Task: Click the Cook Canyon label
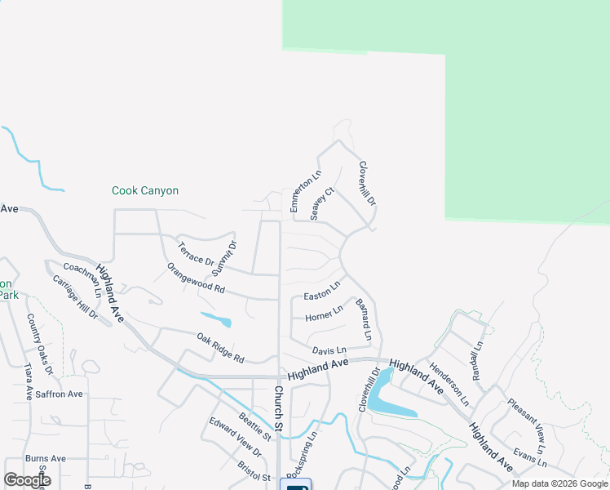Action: (145, 191)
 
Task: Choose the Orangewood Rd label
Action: (196, 278)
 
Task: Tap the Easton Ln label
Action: (321, 292)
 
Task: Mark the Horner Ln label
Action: (324, 314)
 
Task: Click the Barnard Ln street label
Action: (364, 319)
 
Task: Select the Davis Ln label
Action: (329, 350)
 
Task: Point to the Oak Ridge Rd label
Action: (220, 347)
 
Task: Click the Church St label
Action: (278, 408)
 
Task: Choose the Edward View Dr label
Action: (235, 437)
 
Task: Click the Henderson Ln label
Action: (449, 384)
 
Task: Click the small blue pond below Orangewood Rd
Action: (215, 318)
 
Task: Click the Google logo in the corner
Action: (27, 480)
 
